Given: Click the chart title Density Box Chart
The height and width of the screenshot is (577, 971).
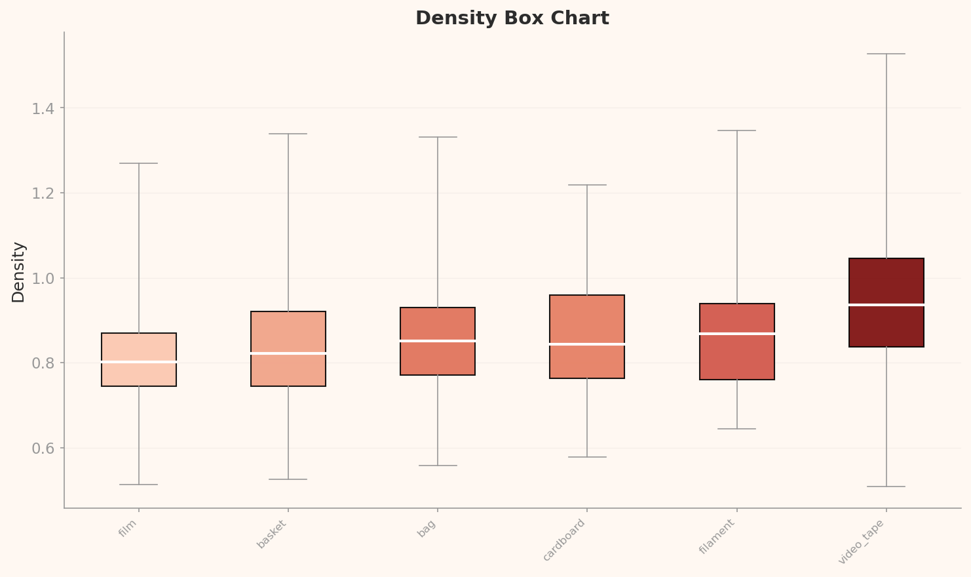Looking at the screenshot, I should point(512,18).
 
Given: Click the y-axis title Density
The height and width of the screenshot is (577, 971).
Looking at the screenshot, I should point(18,272).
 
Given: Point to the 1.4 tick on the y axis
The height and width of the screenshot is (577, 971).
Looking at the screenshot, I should point(45,108).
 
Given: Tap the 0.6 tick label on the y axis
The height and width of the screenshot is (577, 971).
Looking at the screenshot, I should point(45,448).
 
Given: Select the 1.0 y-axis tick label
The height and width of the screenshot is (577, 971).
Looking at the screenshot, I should point(45,278).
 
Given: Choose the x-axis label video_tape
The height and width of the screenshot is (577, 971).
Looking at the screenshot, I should point(862,542).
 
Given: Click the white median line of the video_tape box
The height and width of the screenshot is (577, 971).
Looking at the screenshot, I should point(886,305).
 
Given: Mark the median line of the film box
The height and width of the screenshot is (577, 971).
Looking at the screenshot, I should point(139,362).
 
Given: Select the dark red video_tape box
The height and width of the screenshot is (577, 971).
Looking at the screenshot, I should point(886,282).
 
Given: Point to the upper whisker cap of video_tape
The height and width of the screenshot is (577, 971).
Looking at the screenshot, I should point(886,54).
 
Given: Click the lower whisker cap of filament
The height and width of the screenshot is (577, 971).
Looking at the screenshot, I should point(736,429).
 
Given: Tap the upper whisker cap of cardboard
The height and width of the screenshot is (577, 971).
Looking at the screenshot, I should point(587,185).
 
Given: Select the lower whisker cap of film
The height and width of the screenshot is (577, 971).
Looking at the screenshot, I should point(139,485).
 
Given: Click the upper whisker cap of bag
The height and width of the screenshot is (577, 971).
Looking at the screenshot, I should point(438,137).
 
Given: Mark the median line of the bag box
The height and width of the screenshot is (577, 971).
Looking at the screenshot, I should point(438,341).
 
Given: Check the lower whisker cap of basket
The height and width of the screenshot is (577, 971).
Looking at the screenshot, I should point(288,479).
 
